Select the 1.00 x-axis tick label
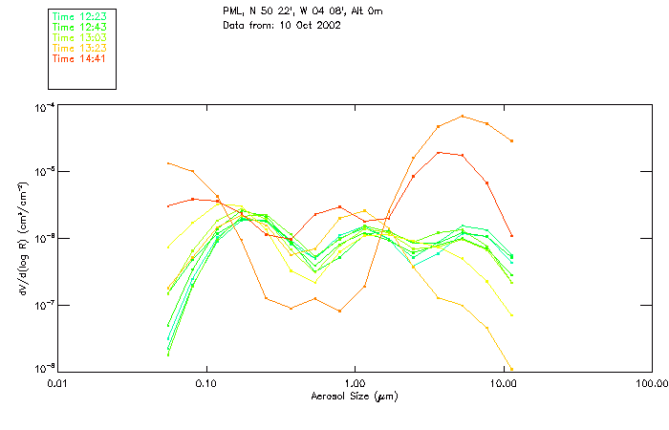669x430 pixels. point(355,382)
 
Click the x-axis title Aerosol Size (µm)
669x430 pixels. point(354,395)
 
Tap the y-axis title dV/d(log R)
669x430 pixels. point(21,237)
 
